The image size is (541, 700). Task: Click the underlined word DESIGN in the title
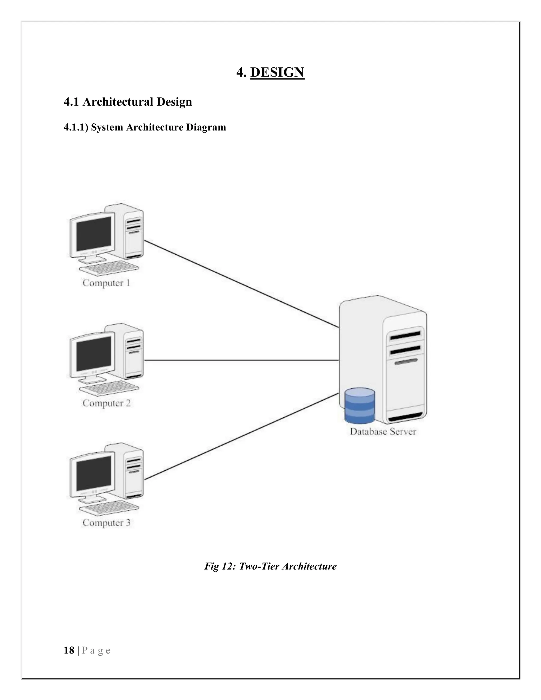[277, 72]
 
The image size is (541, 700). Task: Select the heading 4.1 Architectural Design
[128, 102]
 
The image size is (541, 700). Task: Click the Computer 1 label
[106, 283]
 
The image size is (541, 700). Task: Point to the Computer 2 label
[106, 403]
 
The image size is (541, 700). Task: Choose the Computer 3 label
[106, 523]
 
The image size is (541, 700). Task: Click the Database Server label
[383, 431]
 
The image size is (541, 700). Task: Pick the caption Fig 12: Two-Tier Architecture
[270, 566]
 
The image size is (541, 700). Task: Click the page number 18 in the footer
[69, 650]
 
